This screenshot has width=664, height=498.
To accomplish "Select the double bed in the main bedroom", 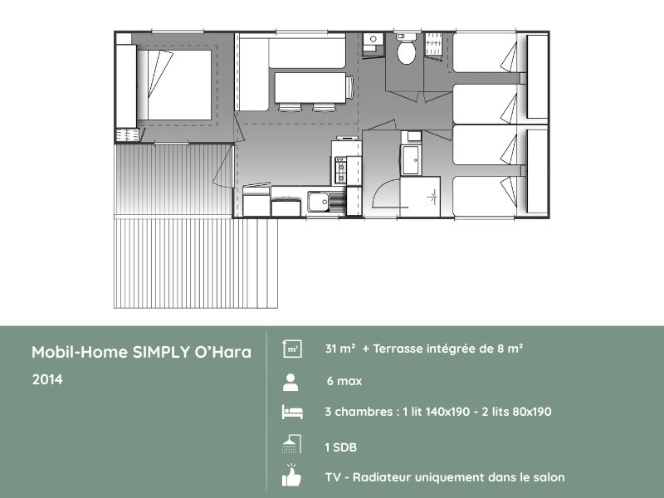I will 173,85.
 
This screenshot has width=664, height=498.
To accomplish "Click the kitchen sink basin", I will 318,201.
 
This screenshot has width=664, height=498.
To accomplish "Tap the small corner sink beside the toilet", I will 373,39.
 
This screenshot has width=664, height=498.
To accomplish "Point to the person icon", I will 290,382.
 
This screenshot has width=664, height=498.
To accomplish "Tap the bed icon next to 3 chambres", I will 290,412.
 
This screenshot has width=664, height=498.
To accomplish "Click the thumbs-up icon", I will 290,476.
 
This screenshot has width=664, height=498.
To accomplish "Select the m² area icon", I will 291,349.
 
